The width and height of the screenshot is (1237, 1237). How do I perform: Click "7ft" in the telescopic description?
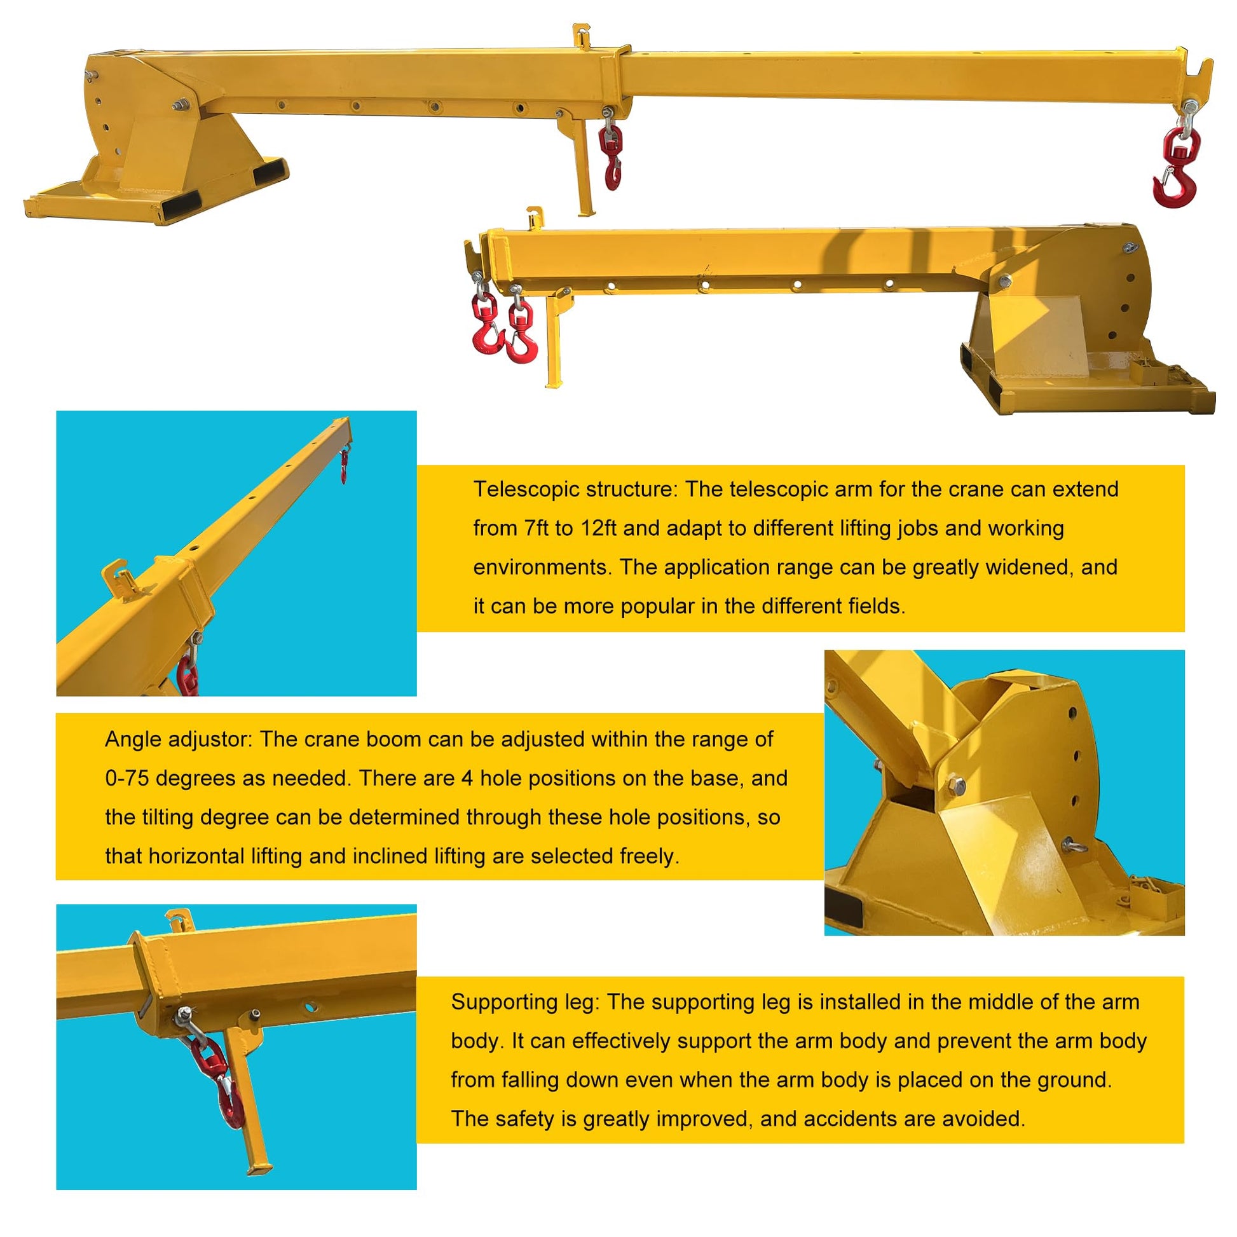pyautogui.click(x=536, y=528)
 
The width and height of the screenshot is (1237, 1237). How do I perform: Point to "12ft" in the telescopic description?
pyautogui.click(x=598, y=528)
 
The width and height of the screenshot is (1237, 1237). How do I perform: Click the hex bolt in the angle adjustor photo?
pyautogui.click(x=955, y=785)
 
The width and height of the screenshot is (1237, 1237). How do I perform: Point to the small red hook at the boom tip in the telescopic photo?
pyautogui.click(x=344, y=465)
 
